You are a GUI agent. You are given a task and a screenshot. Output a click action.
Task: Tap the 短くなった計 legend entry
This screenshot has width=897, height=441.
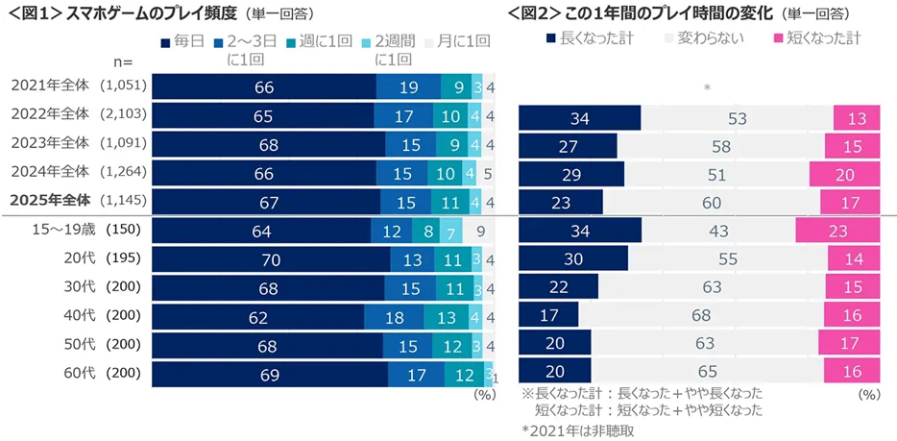(815, 38)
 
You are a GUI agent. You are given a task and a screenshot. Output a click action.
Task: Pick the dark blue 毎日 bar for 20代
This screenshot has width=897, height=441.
(271, 259)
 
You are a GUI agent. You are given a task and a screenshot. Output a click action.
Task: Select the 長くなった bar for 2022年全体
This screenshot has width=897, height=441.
(579, 117)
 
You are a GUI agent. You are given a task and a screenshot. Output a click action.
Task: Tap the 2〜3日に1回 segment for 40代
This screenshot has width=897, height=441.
(396, 316)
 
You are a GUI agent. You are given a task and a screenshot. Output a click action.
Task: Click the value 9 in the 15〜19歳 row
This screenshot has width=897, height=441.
(480, 231)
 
